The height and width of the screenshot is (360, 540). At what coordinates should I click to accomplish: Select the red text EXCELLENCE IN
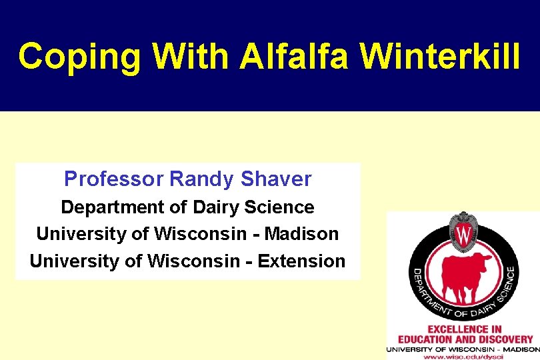click(464, 329)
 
